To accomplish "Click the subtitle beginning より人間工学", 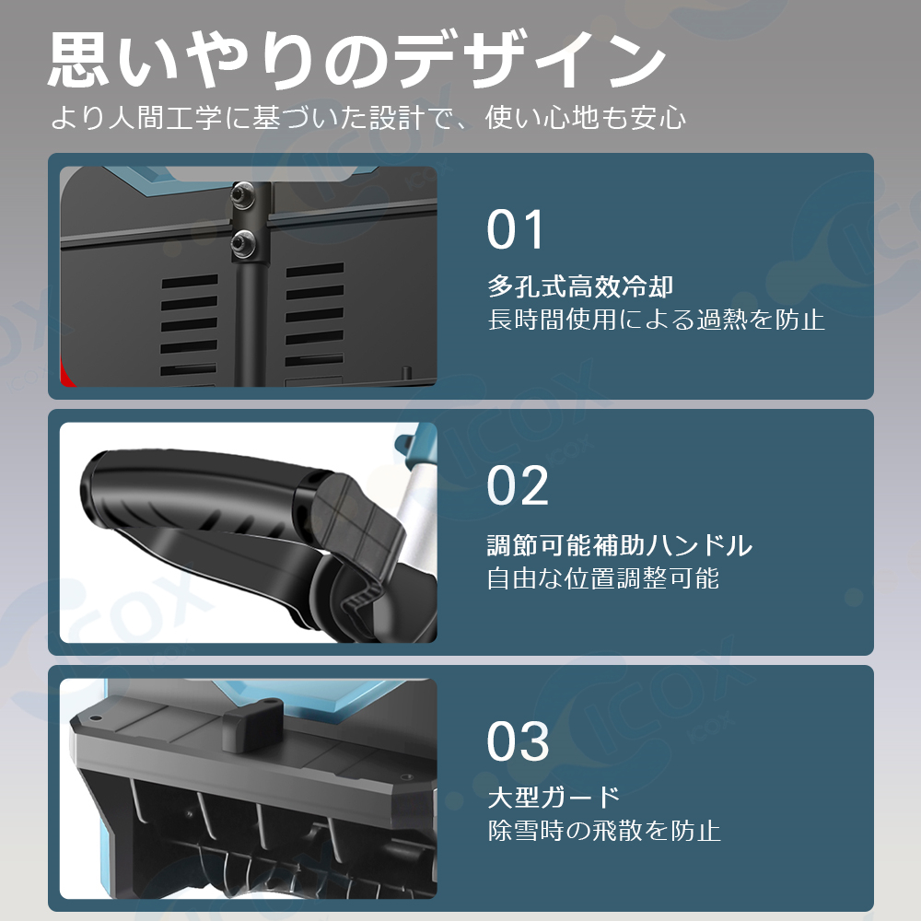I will (368, 119).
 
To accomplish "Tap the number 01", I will (516, 230).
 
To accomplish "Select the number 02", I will (518, 485).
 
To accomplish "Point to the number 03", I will (518, 741).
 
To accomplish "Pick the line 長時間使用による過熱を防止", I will (656, 321).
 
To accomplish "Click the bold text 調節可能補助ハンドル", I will (620, 545).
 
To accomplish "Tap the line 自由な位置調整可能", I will (603, 578).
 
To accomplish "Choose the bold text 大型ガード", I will (554, 797).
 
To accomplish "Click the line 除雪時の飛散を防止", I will (603, 831).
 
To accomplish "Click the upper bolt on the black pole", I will (244, 194).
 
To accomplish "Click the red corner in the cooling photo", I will (66, 370).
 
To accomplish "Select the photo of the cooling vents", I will (248, 276).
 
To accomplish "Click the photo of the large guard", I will (248, 787).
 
